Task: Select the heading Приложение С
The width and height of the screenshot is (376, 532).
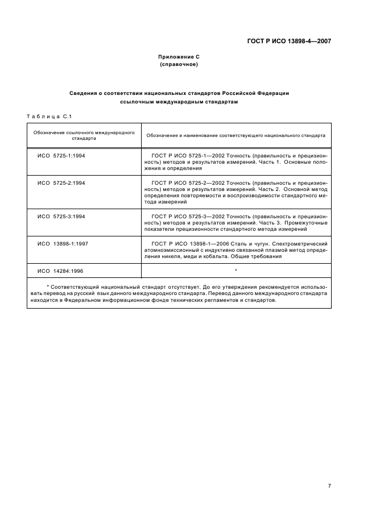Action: (x=179, y=57)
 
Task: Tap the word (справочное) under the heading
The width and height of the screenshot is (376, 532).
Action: (x=179, y=65)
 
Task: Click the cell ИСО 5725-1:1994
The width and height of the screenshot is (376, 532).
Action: (x=61, y=155)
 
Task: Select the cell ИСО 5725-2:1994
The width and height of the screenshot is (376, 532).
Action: (x=61, y=182)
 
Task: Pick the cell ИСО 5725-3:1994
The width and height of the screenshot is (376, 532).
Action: (x=61, y=216)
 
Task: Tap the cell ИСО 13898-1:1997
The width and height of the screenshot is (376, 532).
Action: (x=63, y=243)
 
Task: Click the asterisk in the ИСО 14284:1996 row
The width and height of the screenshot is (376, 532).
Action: (x=235, y=270)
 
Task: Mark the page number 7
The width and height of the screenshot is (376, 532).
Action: (x=329, y=485)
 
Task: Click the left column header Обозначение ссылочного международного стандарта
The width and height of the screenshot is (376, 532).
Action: (x=84, y=135)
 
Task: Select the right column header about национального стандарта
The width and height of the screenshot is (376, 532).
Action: (x=235, y=136)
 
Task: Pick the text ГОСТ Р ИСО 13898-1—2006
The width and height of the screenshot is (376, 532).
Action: (x=191, y=243)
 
